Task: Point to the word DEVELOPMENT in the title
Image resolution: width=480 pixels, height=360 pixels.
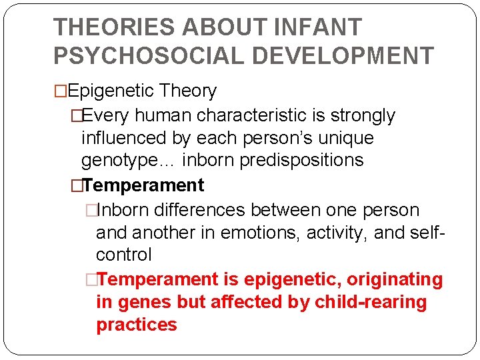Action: coord(347,56)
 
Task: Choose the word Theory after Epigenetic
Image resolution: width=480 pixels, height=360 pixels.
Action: coord(189,91)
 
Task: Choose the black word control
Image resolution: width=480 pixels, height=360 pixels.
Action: coord(124,255)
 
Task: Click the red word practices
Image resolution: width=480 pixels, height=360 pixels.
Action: coord(136,325)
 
